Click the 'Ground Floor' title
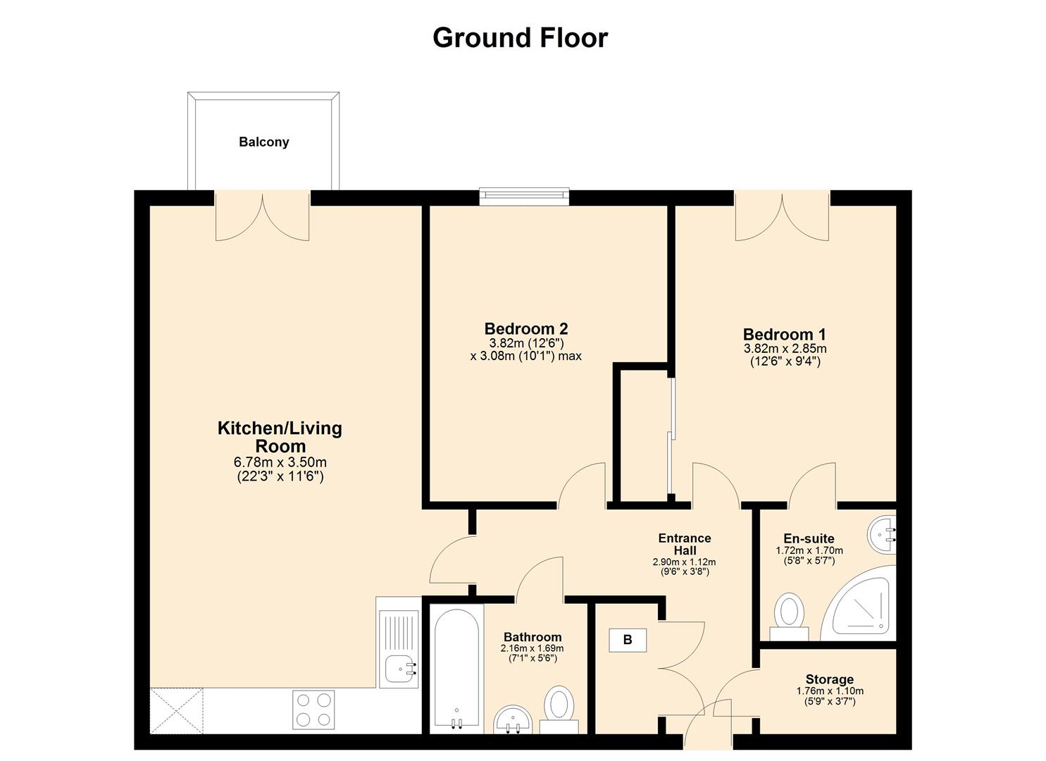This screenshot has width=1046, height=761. [x=520, y=37]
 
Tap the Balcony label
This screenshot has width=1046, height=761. [x=263, y=142]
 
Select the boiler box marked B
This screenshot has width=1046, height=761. [x=627, y=640]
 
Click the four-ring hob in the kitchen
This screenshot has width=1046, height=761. [x=314, y=710]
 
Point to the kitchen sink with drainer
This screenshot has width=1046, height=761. [x=399, y=648]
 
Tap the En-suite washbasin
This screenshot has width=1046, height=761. [x=882, y=535]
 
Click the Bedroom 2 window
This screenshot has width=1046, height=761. [x=523, y=197]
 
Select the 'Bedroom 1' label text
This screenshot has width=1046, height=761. [x=784, y=334]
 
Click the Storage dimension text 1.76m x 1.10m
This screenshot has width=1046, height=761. [x=829, y=691]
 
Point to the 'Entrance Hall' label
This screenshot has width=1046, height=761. [x=684, y=544]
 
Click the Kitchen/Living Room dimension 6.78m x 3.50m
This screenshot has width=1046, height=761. [x=280, y=463]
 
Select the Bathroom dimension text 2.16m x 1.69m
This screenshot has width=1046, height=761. [x=532, y=648]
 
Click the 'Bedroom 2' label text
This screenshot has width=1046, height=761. [x=525, y=328]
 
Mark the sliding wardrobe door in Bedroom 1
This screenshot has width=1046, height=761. [x=671, y=437]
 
